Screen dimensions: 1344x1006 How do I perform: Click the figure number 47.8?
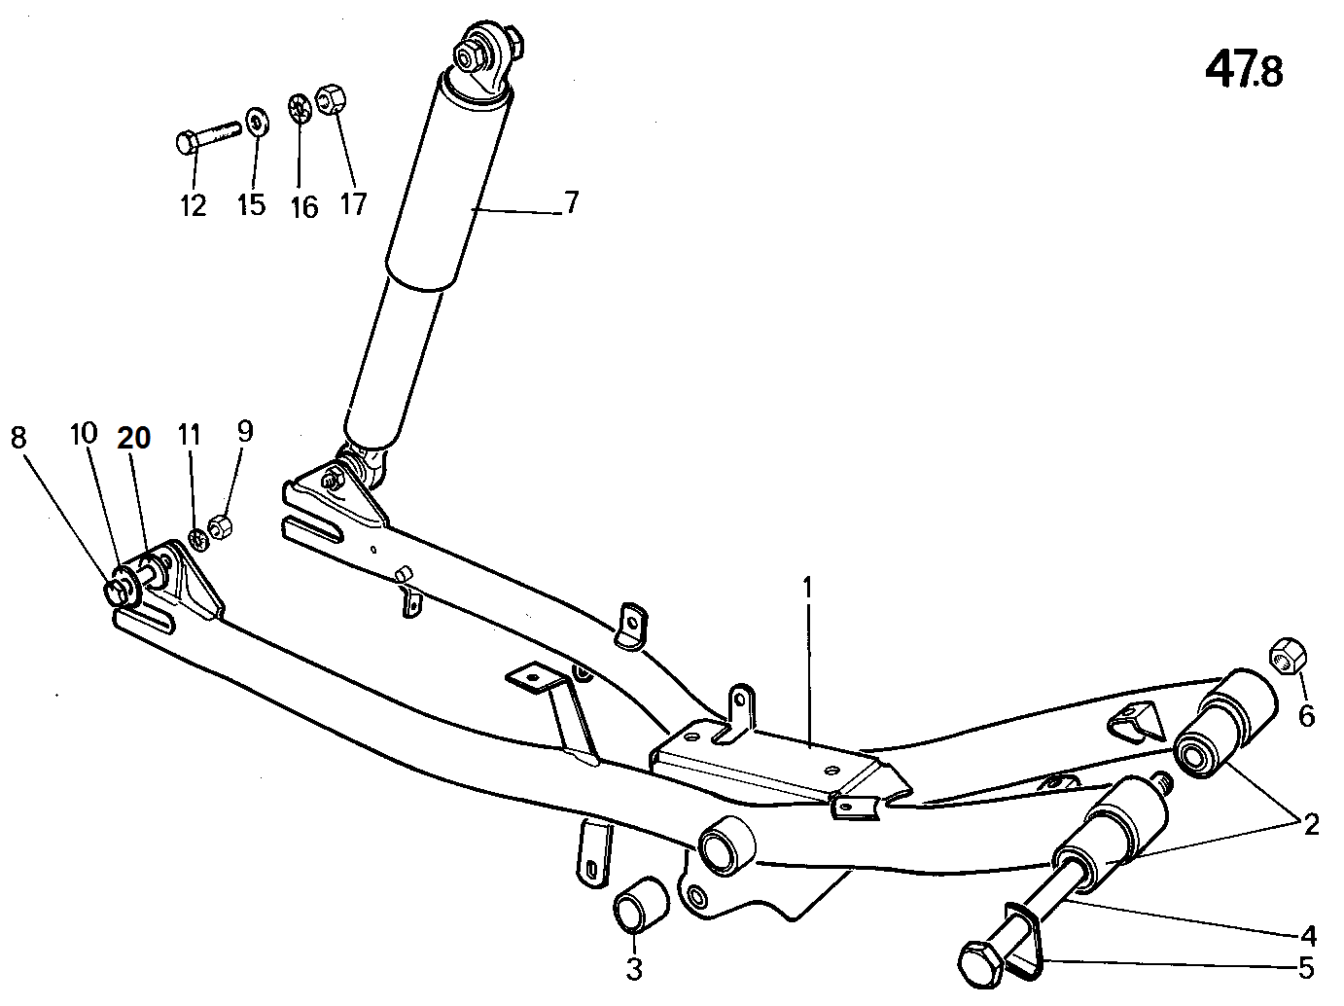tap(1243, 71)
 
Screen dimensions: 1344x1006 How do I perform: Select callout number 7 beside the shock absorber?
tap(571, 202)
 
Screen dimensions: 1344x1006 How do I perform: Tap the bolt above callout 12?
tap(207, 137)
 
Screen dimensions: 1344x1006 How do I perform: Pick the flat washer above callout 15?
tap(258, 122)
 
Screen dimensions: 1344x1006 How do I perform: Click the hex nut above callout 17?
tap(332, 100)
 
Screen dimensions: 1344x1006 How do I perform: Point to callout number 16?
tap(304, 207)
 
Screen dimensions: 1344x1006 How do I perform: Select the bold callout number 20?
tap(134, 438)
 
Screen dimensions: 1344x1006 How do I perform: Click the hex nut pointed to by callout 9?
tap(220, 526)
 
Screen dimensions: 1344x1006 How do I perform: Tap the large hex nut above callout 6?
tap(1288, 657)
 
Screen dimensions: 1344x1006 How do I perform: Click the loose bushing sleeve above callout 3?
tap(641, 905)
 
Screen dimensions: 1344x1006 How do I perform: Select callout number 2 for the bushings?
tap(1311, 825)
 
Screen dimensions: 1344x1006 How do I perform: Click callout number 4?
tap(1308, 936)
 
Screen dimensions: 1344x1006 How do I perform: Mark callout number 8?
tap(18, 438)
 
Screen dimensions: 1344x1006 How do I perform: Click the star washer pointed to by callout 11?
tap(198, 539)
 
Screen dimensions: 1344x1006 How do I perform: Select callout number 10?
tap(84, 434)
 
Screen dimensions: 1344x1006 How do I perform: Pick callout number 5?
tap(1306, 968)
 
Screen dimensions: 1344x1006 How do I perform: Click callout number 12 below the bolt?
tap(193, 206)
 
